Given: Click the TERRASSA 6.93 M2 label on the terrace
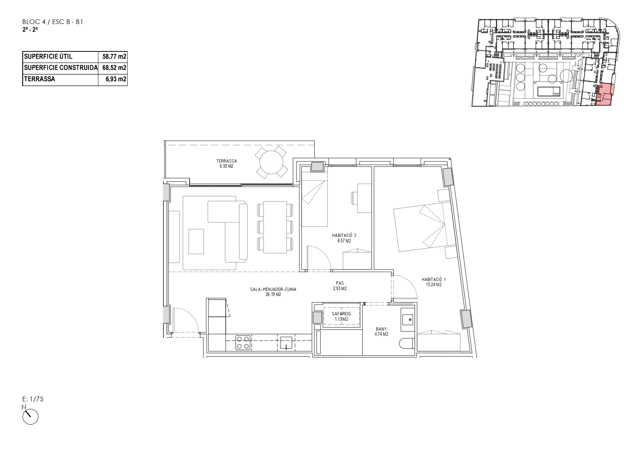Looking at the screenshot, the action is [226, 163].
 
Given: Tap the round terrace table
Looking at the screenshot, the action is [271, 162].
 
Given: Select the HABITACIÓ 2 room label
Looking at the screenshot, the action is [344, 238].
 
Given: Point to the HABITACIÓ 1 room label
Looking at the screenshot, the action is [433, 282].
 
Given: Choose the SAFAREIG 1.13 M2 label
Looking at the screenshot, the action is [341, 316].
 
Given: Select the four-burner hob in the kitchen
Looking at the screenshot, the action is [243, 342].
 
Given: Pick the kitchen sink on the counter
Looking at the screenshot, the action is [287, 343].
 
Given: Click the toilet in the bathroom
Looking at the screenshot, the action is [407, 343].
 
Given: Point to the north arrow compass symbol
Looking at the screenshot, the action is [30, 416].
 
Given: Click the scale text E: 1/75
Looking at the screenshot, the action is [33, 399].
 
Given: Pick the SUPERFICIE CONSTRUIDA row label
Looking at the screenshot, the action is [61, 68].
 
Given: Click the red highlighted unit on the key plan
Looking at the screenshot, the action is [605, 95].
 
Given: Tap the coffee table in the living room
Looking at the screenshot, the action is [196, 241].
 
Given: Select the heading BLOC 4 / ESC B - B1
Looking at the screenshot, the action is [53, 22].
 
